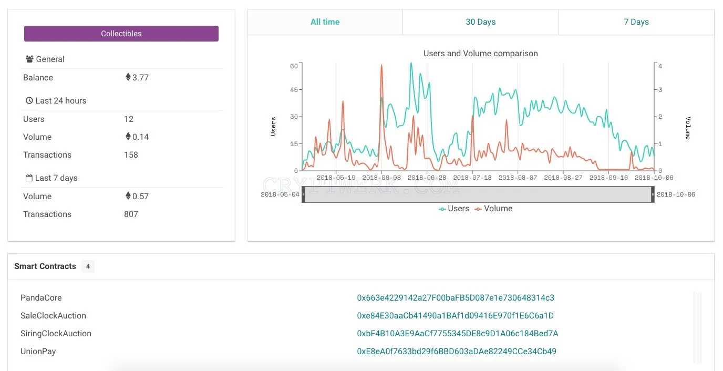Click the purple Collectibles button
pyautogui.click(x=121, y=34)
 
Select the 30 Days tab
pyautogui.click(x=480, y=22)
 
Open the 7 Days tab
pyautogui.click(x=636, y=22)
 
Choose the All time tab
pyautogui.click(x=325, y=22)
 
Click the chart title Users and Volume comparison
pyautogui.click(x=480, y=53)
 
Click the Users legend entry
pyautogui.click(x=454, y=209)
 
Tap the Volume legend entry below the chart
pyautogui.click(x=493, y=209)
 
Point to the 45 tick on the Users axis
pyautogui.click(x=294, y=90)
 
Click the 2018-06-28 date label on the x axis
pyautogui.click(x=427, y=178)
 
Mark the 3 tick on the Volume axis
pyautogui.click(x=660, y=90)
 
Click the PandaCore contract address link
pyautogui.click(x=456, y=298)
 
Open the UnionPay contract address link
pyautogui.click(x=457, y=352)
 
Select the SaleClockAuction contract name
pyautogui.click(x=53, y=315)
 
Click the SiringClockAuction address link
pyautogui.click(x=457, y=334)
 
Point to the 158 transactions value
pyautogui.click(x=131, y=155)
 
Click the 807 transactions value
pyautogui.click(x=131, y=214)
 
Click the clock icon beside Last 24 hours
pyautogui.click(x=29, y=100)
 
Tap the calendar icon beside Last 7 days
pyautogui.click(x=29, y=178)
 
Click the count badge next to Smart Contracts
pyautogui.click(x=88, y=266)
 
